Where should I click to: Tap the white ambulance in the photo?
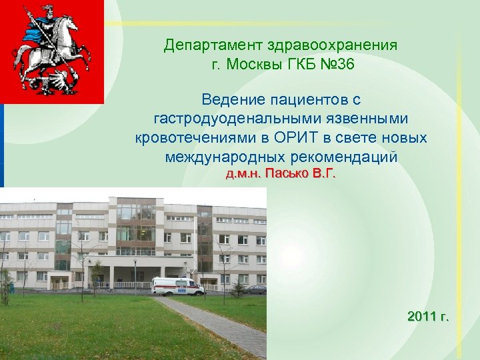tap(177, 286)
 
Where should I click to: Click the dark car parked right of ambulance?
tap(255, 289)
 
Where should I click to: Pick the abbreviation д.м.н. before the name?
tap(244, 175)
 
